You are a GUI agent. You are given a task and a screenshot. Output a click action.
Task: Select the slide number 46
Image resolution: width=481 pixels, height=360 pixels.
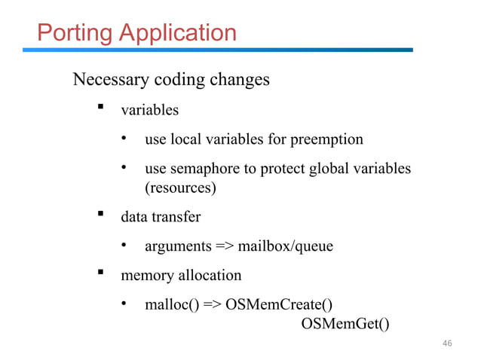[x=446, y=343]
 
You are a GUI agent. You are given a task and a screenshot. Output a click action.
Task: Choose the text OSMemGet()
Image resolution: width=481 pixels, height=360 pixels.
[x=345, y=324]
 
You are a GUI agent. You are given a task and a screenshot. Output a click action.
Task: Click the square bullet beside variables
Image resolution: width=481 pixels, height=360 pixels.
[x=98, y=110]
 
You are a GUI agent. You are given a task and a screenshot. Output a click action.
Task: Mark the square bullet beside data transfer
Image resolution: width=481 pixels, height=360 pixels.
[x=98, y=216]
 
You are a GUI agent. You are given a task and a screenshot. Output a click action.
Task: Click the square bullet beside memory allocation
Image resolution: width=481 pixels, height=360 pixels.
[x=98, y=275]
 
